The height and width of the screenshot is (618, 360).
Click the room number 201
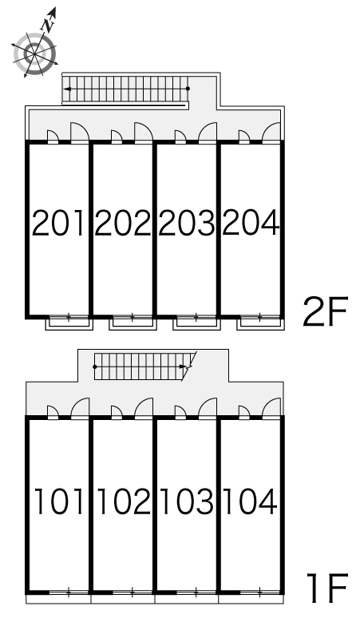coord(58,223)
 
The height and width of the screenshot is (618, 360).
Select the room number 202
coord(123,223)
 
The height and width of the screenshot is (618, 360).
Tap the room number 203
coord(187,223)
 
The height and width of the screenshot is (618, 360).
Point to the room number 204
coord(251,223)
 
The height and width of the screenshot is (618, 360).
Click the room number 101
coord(59,501)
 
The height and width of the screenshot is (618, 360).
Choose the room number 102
coord(124,501)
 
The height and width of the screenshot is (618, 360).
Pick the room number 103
coord(188,501)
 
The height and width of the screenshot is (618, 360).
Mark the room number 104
coord(251,501)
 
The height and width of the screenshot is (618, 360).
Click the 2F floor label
coord(326,311)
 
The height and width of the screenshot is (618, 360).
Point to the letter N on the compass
coord(48,26)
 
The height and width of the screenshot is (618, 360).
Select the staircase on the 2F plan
coord(125,89)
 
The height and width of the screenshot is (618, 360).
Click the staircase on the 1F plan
coord(144,366)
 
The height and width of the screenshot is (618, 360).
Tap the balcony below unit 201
coord(69,323)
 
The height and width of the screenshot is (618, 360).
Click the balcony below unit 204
coord(260,323)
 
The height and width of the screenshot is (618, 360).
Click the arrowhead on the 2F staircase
coord(67,89)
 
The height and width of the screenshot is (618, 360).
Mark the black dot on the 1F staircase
coord(95,366)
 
